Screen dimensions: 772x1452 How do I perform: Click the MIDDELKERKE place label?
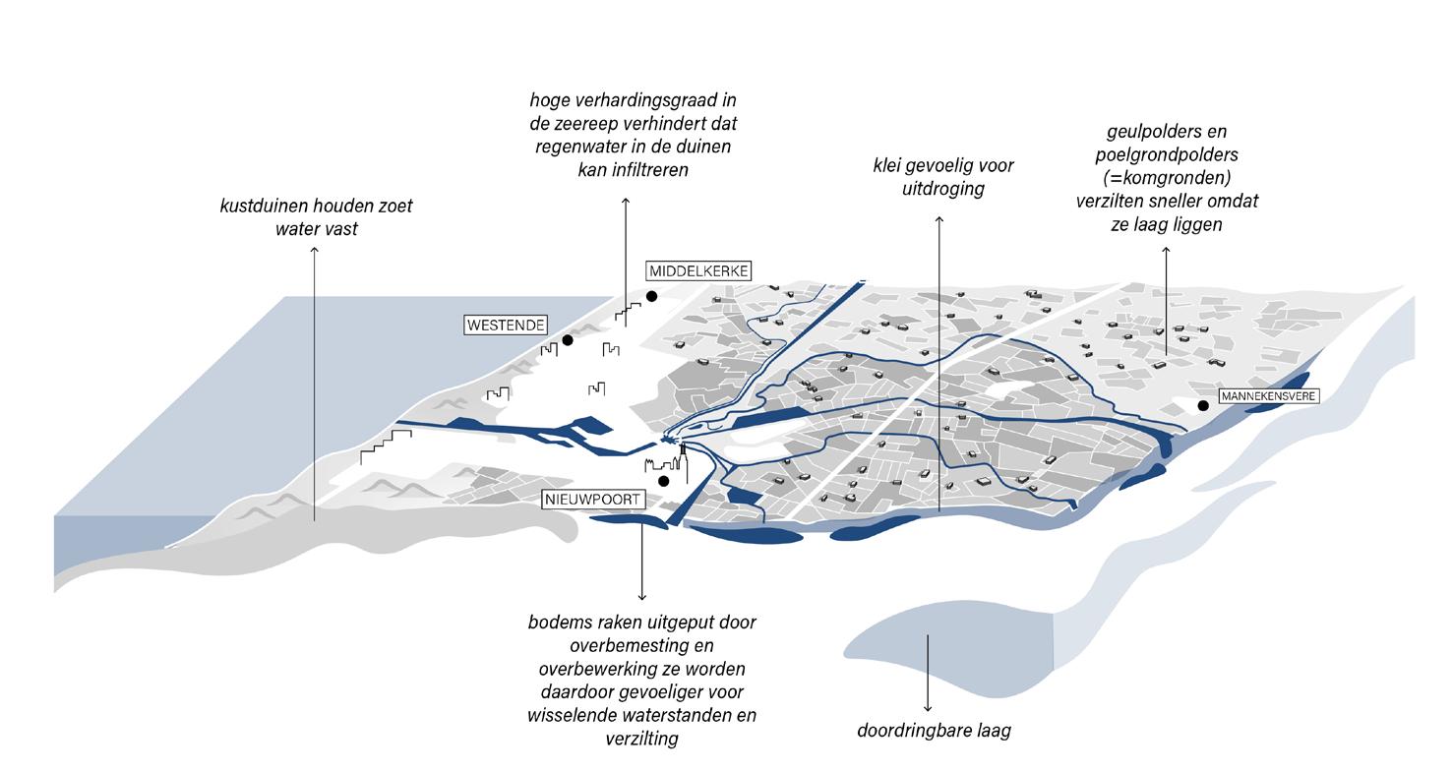click(698, 270)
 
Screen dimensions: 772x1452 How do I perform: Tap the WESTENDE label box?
click(506, 325)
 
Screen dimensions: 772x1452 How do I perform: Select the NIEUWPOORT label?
click(593, 500)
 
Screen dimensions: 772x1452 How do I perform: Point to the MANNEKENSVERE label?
click(1267, 396)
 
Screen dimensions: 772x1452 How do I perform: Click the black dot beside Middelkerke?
click(651, 296)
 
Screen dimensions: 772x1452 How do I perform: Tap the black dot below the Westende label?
click(568, 340)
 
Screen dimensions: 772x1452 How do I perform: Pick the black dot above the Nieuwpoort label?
click(664, 481)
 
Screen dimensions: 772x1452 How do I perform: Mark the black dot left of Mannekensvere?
click(1203, 405)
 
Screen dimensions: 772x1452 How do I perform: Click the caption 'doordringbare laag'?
click(934, 731)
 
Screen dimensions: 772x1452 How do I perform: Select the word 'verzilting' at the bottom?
click(641, 738)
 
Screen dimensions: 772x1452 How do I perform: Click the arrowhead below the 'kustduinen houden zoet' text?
click(315, 250)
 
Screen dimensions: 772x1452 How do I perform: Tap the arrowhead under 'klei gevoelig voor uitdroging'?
click(938, 220)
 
